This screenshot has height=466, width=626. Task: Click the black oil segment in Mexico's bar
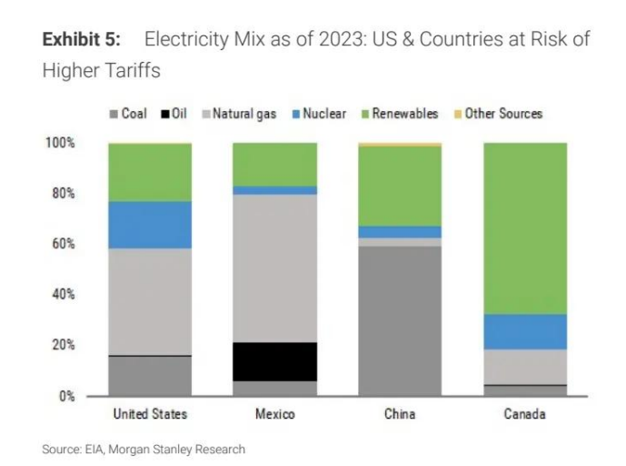[274, 361]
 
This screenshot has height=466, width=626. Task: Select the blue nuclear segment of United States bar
[150, 225]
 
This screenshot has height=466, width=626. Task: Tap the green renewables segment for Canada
[524, 228]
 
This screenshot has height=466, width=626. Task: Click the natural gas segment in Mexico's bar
[274, 268]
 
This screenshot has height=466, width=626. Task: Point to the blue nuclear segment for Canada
[524, 331]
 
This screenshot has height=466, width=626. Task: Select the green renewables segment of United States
[150, 172]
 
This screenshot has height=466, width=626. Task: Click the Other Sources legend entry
[497, 114]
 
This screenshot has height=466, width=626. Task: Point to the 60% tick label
[60, 244]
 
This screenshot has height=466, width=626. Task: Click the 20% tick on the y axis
[60, 345]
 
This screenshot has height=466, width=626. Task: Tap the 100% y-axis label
[58, 143]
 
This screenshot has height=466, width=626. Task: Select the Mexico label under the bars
[274, 414]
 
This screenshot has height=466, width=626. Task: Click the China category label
[400, 414]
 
